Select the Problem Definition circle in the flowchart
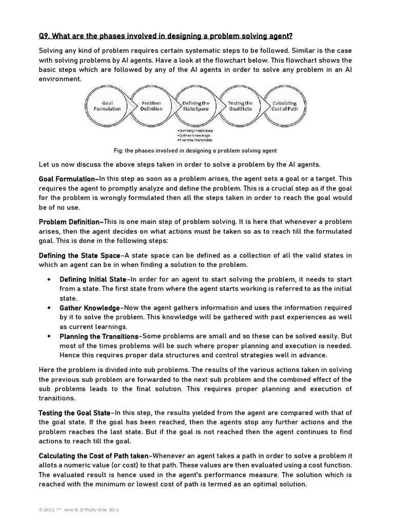[151, 106]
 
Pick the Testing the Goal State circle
[240, 106]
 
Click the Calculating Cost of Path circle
[285, 106]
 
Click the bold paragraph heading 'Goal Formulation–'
[69, 179]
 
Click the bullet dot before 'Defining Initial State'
[48, 279]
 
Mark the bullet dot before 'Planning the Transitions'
[48, 336]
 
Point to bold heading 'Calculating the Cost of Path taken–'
[95, 456]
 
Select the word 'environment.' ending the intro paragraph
[60, 79]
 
